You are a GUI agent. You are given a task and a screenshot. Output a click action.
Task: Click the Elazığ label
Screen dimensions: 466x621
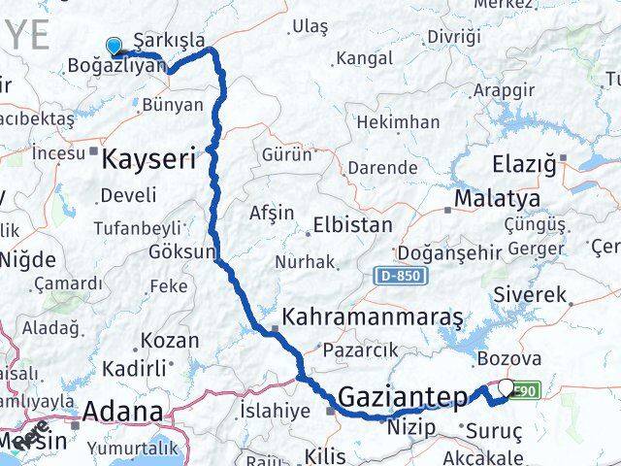point(524,163)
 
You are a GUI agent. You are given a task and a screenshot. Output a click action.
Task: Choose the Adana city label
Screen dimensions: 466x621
point(122,412)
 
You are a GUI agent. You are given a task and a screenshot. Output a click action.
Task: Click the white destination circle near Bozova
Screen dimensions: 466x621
point(506,389)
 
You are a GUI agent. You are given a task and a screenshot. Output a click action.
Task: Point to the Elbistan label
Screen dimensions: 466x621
point(352,225)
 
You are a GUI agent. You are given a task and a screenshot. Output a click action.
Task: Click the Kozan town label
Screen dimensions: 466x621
point(170,341)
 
